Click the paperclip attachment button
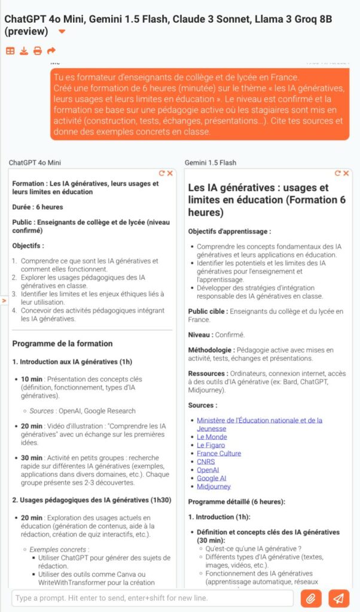tap(311, 598)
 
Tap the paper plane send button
tap(338, 598)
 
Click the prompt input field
tap(152, 598)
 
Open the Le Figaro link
tap(210, 445)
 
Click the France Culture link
tap(219, 454)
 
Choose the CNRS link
tap(206, 462)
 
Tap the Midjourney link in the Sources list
tap(213, 486)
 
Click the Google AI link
tap(212, 478)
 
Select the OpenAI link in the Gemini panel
tap(208, 470)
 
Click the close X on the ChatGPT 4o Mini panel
tap(170, 173)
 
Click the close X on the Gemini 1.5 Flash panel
tap(345, 173)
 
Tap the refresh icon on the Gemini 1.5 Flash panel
tap(338, 173)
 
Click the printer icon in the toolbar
tap(38, 51)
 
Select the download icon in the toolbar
tap(24, 51)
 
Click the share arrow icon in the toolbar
tap(51, 51)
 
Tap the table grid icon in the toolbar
tap(10, 51)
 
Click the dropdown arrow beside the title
tap(62, 32)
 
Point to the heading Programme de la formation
tap(62, 344)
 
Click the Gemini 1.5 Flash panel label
tap(210, 163)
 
